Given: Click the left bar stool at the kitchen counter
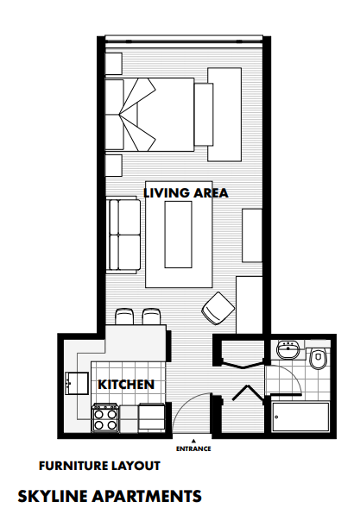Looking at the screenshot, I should (x=124, y=317).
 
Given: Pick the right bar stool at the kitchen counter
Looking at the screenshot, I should (x=152, y=317).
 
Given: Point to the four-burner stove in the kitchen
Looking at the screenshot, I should (x=105, y=419).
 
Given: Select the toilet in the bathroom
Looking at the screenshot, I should (x=318, y=356).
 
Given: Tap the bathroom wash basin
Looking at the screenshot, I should (x=288, y=350).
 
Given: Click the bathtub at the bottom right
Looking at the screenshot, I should (x=300, y=418).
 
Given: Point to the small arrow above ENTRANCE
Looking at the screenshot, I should (x=193, y=440).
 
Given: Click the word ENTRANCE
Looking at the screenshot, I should (x=193, y=448).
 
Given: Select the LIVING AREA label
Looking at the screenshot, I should (x=186, y=192).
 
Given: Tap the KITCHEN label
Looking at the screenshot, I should (x=126, y=384).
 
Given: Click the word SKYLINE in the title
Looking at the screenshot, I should (x=54, y=496).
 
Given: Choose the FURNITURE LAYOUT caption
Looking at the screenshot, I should (x=99, y=466).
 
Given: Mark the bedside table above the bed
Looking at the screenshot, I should (x=114, y=63).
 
